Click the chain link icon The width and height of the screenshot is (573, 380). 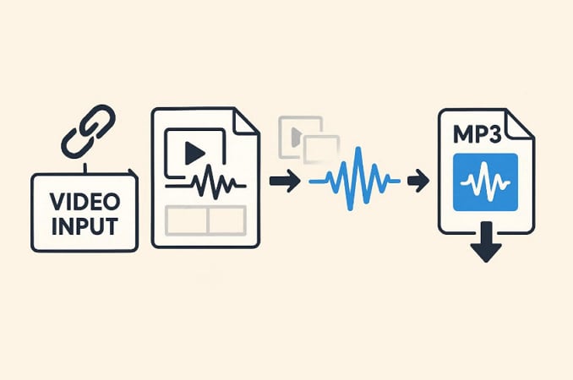pyautogui.click(x=87, y=130)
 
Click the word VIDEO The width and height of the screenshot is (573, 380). pyautogui.click(x=85, y=202)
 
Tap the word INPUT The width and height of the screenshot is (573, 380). pyautogui.click(x=85, y=225)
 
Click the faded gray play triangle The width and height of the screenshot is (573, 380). pyautogui.click(x=296, y=133)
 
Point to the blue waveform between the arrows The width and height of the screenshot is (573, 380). pyautogui.click(x=355, y=180)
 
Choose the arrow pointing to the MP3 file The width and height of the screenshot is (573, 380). pyautogui.click(x=417, y=181)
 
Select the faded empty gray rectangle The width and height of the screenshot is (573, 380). pyautogui.click(x=321, y=149)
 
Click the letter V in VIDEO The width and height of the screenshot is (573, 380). pyautogui.click(x=57, y=202)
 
